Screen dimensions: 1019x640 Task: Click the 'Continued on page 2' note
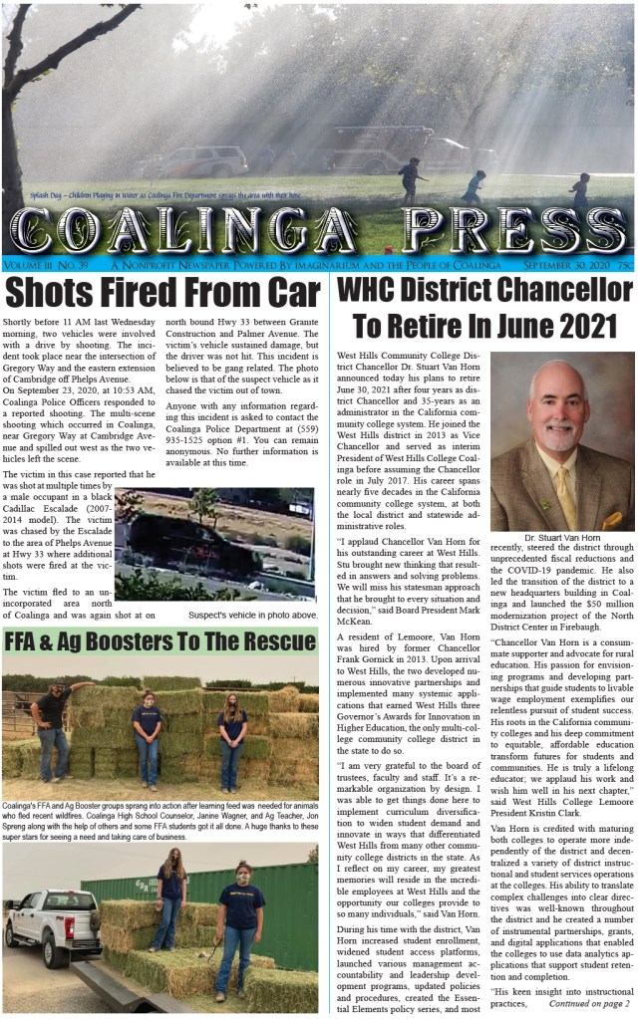point(582,1006)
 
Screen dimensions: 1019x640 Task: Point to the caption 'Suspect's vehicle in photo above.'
point(253,616)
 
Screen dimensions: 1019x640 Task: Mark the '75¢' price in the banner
point(625,265)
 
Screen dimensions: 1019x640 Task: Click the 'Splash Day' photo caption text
point(130,196)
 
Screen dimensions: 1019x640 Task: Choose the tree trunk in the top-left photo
point(16,110)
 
